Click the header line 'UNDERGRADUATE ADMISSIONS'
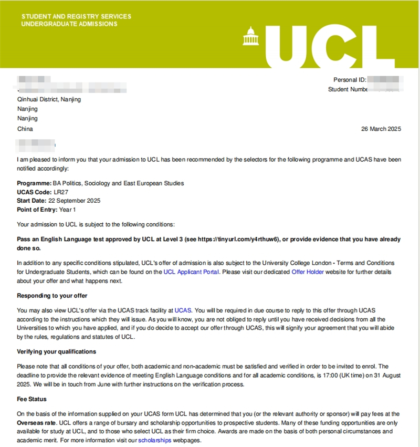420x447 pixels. pyautogui.click(x=69, y=24)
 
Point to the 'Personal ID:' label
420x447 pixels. pyautogui.click(x=350, y=80)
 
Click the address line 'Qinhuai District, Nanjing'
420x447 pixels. pyautogui.click(x=49, y=99)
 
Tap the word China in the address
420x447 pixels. pyautogui.click(x=25, y=129)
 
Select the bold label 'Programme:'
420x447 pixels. pyautogui.click(x=34, y=183)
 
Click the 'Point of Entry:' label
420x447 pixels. pyautogui.click(x=37, y=210)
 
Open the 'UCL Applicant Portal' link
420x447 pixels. pyautogui.click(x=191, y=272)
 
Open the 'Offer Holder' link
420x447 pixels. pyautogui.click(x=308, y=272)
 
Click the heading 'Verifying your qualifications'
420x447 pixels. pyautogui.click(x=56, y=351)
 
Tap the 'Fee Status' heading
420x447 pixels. pyautogui.click(x=32, y=399)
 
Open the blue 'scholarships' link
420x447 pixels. pyautogui.click(x=154, y=440)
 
